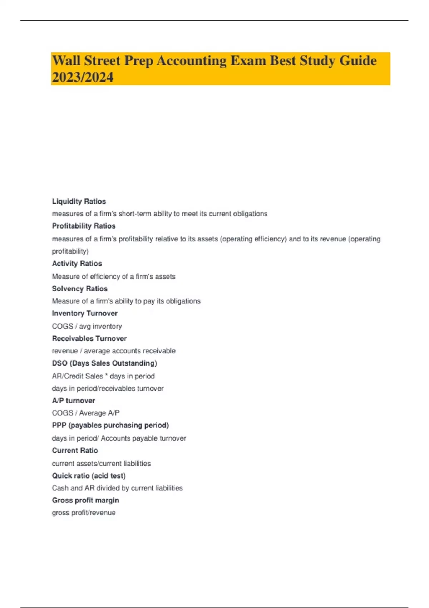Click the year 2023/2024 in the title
coord(83,77)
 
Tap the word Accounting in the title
coord(191,61)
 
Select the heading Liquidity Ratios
coord(79,201)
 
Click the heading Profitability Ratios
coord(84,226)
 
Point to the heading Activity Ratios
coord(77,264)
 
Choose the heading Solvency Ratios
coord(80,289)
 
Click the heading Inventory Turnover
coord(85,313)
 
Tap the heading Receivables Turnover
coord(89,338)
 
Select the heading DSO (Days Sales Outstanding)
coord(104,363)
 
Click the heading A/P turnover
coord(74,401)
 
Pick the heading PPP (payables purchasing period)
coord(110,425)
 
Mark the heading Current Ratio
coord(75,451)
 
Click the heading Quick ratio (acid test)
coord(89,476)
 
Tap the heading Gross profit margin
coord(85,500)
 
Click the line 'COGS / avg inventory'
coord(87,326)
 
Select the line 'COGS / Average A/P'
coord(86,413)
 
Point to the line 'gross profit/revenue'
coord(84,513)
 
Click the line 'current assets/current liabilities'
coord(101,464)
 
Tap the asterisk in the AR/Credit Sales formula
coord(106,375)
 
